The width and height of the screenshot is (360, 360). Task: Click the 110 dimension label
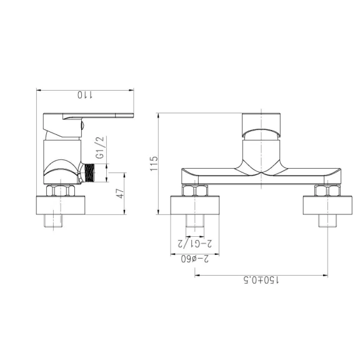point(85,95)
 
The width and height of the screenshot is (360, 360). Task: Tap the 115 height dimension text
point(154,164)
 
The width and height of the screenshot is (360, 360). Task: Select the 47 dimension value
point(120,194)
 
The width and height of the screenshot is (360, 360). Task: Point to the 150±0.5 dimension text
point(261,280)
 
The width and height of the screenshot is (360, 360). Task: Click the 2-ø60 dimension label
point(195,259)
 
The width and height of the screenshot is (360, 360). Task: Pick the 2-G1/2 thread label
point(195,244)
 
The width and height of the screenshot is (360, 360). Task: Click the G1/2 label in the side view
point(100,147)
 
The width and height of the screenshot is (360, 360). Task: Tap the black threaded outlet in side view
point(89,173)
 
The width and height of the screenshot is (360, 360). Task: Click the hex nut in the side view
point(61,191)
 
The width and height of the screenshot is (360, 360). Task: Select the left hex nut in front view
point(195,191)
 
